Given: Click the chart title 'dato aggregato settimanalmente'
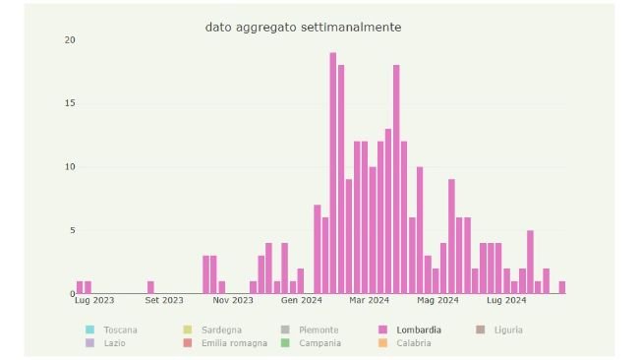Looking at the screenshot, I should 303,28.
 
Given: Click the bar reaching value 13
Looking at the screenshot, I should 388,211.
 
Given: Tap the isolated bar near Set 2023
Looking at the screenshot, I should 150,287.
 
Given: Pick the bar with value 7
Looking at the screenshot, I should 318,249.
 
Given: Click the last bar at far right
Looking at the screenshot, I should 562,287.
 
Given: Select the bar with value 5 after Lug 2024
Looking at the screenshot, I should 530,262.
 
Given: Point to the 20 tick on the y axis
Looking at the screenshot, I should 69,40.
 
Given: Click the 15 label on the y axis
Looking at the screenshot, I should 69,103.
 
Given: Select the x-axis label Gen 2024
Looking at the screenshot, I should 302,301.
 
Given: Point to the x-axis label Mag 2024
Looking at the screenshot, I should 437,301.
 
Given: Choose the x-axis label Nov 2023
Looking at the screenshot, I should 233,301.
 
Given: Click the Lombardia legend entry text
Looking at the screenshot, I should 419,330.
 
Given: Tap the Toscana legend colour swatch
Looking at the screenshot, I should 89,330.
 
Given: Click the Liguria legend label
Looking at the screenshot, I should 508,330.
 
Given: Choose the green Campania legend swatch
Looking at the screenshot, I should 285,343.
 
